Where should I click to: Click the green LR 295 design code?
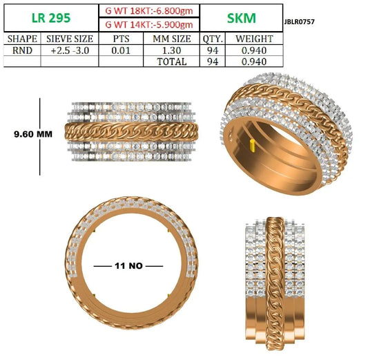[51, 18]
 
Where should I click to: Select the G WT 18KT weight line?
[149, 11]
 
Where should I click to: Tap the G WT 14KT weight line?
[149, 24]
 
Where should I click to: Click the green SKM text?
[241, 18]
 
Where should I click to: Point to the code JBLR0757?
[299, 22]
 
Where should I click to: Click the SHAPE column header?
[22, 39]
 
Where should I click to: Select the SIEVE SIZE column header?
[70, 39]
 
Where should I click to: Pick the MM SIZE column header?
[172, 39]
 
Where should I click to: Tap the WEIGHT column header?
[254, 39]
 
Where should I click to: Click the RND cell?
[22, 50]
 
